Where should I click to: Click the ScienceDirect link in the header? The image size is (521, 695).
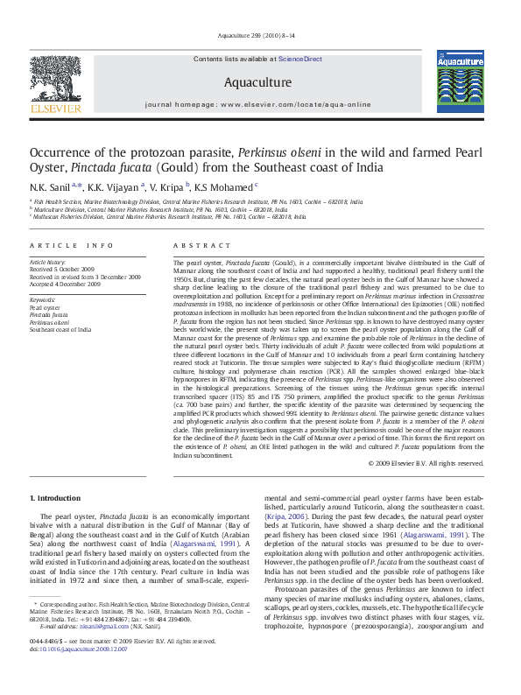tap(300, 59)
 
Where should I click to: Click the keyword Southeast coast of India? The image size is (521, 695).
tap(60, 329)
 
